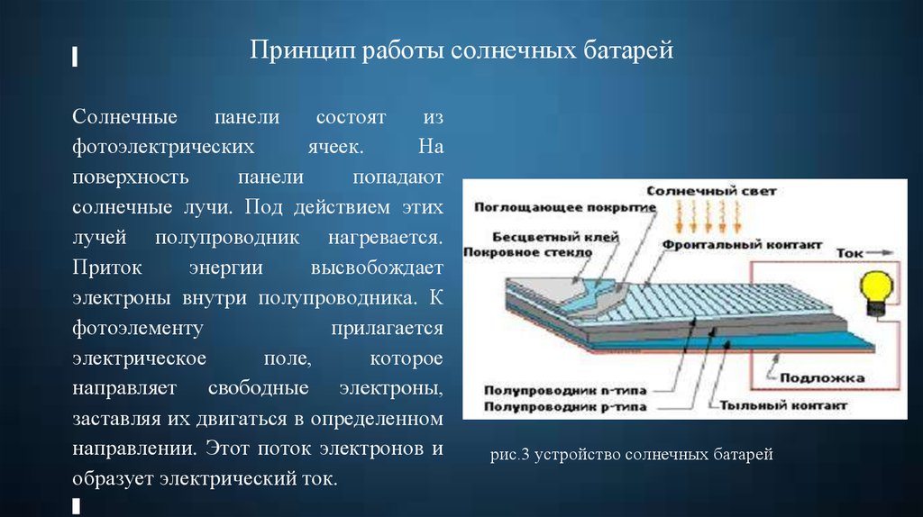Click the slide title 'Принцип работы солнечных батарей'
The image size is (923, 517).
(x=461, y=50)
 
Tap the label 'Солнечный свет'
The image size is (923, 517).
(x=711, y=191)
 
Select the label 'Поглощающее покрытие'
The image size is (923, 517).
(x=565, y=208)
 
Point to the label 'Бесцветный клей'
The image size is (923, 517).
(x=555, y=237)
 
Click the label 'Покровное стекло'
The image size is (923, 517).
(x=527, y=252)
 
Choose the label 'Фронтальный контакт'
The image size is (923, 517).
(x=742, y=245)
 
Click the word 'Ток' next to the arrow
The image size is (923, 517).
(x=849, y=253)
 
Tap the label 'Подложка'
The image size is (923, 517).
(x=822, y=377)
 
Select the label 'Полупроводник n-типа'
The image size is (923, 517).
(x=565, y=390)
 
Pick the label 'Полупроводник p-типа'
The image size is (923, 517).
(x=565, y=406)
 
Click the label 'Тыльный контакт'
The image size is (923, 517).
(x=783, y=405)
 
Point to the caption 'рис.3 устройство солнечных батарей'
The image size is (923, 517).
(x=631, y=454)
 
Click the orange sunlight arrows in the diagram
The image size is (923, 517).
(x=708, y=216)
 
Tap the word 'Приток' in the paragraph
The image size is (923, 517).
(x=107, y=268)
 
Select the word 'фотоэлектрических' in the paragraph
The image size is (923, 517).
(x=163, y=147)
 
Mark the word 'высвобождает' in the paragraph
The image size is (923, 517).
(x=377, y=268)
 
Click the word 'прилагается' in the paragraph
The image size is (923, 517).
(x=387, y=328)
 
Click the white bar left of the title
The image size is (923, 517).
(x=75, y=57)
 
